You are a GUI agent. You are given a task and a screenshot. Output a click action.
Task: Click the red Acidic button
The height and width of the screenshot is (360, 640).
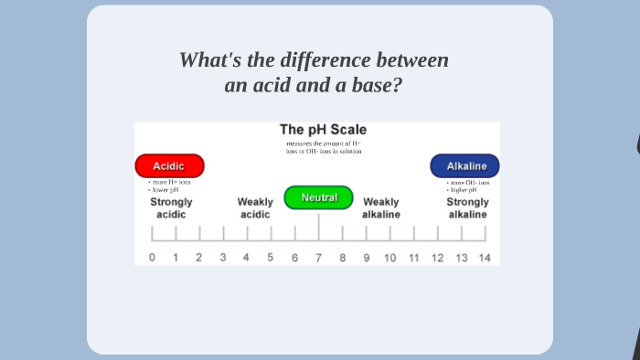tap(169, 166)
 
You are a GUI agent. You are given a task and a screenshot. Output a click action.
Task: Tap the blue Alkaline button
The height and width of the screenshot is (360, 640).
tap(465, 166)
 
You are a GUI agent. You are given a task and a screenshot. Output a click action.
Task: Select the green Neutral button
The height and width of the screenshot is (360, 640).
tap(318, 197)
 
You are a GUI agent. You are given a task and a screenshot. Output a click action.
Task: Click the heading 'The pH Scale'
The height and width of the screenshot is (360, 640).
tap(323, 130)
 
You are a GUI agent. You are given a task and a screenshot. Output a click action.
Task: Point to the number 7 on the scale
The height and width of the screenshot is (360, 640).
tap(318, 258)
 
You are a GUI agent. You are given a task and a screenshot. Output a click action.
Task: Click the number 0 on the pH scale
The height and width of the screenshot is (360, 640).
tap(152, 258)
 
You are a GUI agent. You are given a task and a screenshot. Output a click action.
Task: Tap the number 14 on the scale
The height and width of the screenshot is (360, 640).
tap(485, 258)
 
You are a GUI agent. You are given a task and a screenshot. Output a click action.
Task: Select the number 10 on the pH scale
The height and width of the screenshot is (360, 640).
tap(389, 258)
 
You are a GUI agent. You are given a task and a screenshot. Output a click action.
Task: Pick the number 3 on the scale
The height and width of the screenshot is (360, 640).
tap(223, 258)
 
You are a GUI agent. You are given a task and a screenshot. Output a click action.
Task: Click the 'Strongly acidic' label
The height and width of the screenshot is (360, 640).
tap(171, 208)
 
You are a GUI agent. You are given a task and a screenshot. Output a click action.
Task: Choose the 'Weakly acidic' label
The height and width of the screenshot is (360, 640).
tap(255, 208)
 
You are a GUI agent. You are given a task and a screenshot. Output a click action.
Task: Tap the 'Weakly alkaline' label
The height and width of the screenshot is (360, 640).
tap(381, 208)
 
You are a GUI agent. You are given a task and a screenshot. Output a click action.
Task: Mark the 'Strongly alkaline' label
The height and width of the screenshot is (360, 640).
tap(467, 208)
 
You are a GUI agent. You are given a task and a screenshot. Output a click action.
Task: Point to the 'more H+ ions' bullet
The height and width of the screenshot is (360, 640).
tap(172, 182)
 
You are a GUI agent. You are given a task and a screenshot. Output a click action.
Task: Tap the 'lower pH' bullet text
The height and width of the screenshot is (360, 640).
tap(166, 190)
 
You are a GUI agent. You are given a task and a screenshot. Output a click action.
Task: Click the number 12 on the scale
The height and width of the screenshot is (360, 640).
tap(438, 258)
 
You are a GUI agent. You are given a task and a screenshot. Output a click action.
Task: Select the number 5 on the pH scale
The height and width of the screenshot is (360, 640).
tap(270, 258)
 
